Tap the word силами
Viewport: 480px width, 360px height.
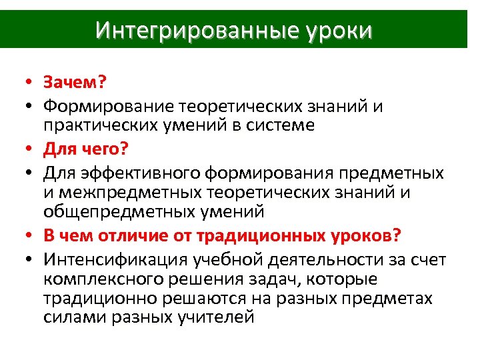point(71,318)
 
